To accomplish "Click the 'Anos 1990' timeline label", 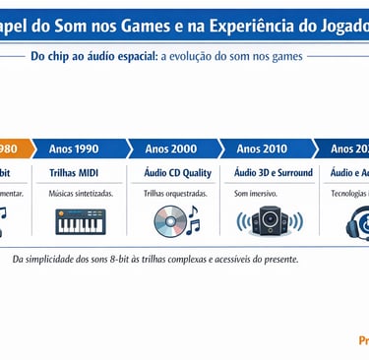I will pos(74,149).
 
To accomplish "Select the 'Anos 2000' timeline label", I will pos(170,149).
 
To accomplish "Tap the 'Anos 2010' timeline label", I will pos(262,149).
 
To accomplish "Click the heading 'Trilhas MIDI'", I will pos(74,173).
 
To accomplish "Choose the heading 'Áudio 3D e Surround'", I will pos(273,173).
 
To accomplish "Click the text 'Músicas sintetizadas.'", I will pos(81,194).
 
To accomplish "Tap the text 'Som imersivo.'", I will pos(256,194).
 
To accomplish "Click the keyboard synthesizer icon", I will pos(82,223).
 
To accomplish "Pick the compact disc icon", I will pos(168,223).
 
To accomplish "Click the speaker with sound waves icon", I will pos(266,223).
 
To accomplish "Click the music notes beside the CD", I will pos(192,219).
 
